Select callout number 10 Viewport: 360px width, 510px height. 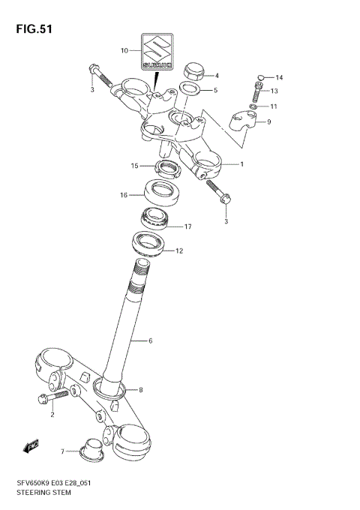click(124, 52)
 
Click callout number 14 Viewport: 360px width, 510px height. click(278, 78)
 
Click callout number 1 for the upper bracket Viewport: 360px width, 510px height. click(242, 163)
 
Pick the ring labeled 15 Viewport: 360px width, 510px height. click(166, 166)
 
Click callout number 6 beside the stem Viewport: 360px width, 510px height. click(150, 341)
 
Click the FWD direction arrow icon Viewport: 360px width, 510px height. click(32, 447)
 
